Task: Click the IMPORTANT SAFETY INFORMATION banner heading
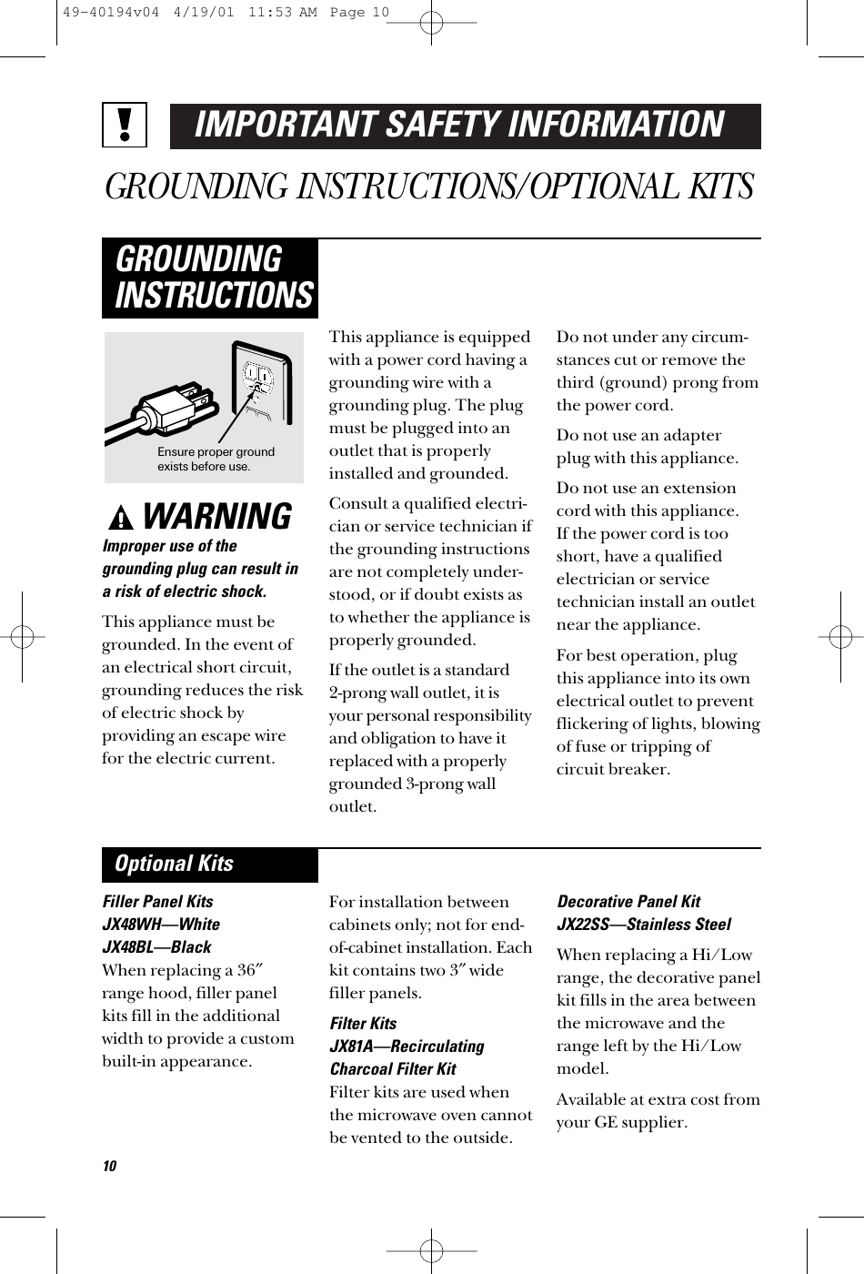(465, 126)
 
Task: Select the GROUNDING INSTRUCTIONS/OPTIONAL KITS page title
(429, 187)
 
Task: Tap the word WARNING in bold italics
(218, 517)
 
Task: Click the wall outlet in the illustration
(258, 382)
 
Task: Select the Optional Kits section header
(174, 864)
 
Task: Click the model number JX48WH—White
(161, 925)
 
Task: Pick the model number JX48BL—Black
(156, 947)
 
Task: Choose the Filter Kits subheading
(363, 1024)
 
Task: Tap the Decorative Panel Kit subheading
(628, 902)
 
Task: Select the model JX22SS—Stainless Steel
(644, 925)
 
